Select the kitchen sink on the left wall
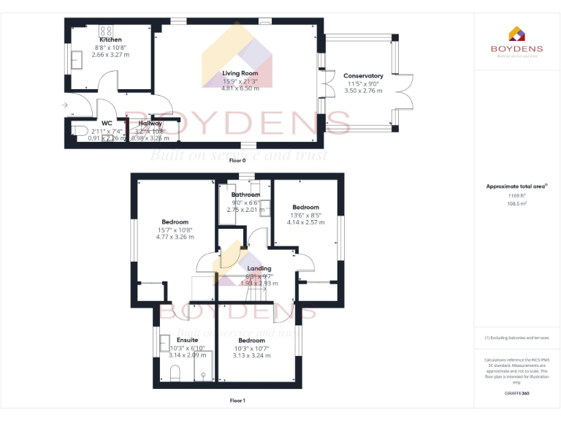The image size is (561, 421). (77, 59)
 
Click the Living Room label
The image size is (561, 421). (240, 74)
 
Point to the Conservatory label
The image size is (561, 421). (363, 76)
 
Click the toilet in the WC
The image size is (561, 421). (80, 132)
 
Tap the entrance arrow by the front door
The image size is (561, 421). (66, 106)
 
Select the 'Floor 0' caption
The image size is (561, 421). (237, 160)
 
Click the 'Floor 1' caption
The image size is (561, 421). (237, 401)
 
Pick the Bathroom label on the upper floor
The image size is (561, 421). (245, 195)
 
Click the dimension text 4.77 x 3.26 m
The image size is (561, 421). (175, 237)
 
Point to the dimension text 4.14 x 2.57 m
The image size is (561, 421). (305, 221)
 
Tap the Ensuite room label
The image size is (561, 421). (187, 341)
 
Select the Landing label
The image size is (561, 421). (259, 269)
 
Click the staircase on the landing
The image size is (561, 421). (256, 292)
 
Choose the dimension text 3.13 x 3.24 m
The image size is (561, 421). (252, 355)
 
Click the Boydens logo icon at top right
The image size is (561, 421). (516, 34)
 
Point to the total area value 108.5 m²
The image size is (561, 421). (517, 204)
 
